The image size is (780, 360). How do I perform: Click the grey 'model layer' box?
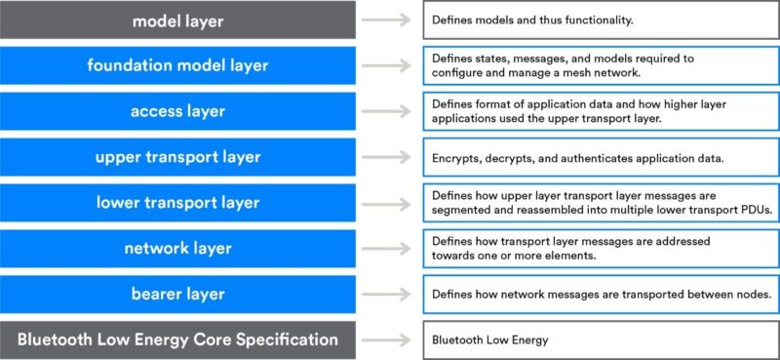tap(177, 20)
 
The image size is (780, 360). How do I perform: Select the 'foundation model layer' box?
tap(177, 65)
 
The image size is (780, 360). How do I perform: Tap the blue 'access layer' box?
tap(177, 111)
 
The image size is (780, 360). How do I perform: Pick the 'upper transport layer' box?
tap(177, 157)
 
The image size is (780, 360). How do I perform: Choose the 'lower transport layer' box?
tap(177, 203)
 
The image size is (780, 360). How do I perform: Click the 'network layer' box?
tap(177, 249)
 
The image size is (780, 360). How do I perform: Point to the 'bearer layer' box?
tap(177, 294)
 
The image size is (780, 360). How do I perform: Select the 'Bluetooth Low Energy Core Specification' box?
tap(177, 340)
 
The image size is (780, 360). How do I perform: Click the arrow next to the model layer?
tap(388, 20)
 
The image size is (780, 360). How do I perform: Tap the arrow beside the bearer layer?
tap(388, 294)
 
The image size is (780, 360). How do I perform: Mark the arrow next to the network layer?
tap(388, 249)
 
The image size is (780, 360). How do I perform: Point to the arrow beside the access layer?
tap(388, 111)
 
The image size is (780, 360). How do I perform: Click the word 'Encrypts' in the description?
tap(454, 157)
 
